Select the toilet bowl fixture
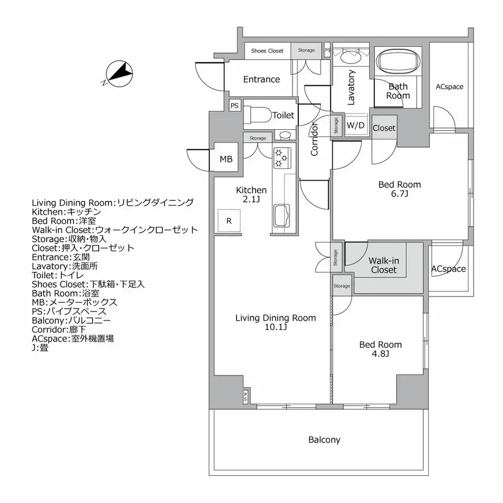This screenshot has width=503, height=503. coord(257,115)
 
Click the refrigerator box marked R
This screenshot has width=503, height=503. coord(229,221)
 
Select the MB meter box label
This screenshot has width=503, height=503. coord(226,160)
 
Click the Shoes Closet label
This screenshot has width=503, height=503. coord(267,51)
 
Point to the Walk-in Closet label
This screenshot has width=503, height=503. coord(384,265)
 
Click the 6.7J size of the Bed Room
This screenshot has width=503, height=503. coord(400,194)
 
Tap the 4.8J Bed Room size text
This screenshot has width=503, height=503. coord(381,354)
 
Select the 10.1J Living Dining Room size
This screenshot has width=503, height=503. coord(275,327)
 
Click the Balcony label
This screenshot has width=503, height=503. coord(324,440)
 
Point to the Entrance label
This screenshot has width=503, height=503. coord(261,80)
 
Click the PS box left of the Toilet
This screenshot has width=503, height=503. coord(234,106)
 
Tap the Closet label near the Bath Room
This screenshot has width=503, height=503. coord(384,128)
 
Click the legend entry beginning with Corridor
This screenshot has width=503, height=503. coord(59,329)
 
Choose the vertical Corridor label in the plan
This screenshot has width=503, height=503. coord(315,140)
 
